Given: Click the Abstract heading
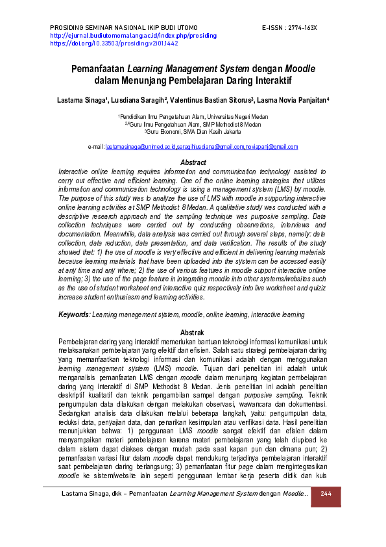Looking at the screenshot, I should click(x=193, y=162).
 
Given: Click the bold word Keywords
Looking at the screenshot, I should click(x=73, y=314).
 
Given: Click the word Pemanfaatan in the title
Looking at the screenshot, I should click(x=98, y=68).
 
